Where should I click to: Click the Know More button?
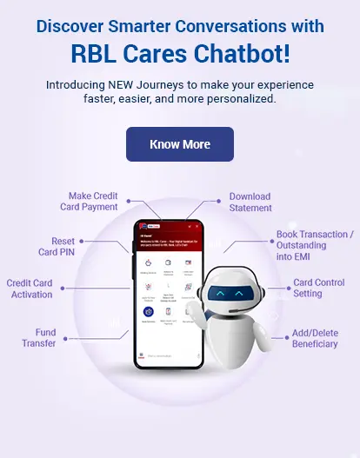pyautogui.click(x=180, y=144)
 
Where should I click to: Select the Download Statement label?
pyautogui.click(x=250, y=202)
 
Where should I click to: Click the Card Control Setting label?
pyautogui.click(x=319, y=289)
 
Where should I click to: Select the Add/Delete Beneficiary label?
pyautogui.click(x=315, y=338)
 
